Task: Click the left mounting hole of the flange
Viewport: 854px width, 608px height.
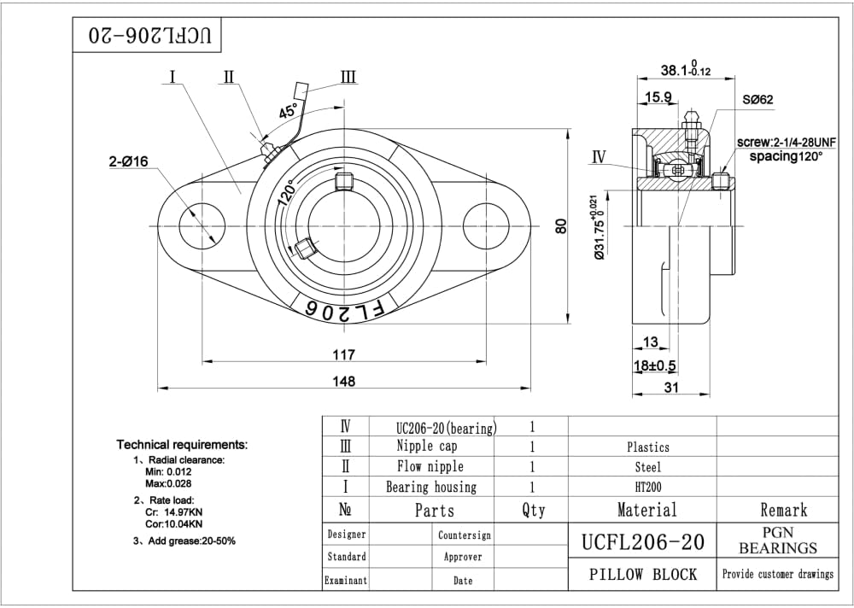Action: [x=202, y=226]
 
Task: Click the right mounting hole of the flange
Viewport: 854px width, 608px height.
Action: [x=486, y=226]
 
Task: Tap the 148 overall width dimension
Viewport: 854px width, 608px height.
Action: [x=343, y=381]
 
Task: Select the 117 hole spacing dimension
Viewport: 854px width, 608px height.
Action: [x=343, y=354]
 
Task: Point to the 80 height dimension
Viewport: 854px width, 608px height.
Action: [x=561, y=225]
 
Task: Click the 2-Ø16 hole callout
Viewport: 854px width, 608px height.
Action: [x=128, y=161]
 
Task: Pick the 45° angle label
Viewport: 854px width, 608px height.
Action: [x=289, y=111]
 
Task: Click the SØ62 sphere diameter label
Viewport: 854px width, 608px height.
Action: [x=757, y=99]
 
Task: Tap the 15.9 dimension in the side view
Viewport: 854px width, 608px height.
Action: [x=658, y=97]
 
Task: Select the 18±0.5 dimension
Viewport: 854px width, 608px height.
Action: [x=654, y=365]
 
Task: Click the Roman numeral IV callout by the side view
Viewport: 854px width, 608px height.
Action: [x=599, y=157]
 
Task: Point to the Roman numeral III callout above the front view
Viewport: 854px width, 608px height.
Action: [x=348, y=77]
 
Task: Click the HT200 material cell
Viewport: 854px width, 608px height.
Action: [x=647, y=487]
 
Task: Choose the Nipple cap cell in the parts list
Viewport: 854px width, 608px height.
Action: [x=427, y=447]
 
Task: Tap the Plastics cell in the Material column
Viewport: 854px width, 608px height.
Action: [x=647, y=447]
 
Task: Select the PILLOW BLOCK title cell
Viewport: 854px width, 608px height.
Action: [x=643, y=574]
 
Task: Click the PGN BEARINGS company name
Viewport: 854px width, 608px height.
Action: [x=778, y=541]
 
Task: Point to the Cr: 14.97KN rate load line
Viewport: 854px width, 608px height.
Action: [x=173, y=512]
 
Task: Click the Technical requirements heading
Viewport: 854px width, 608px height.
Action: [x=182, y=445]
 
